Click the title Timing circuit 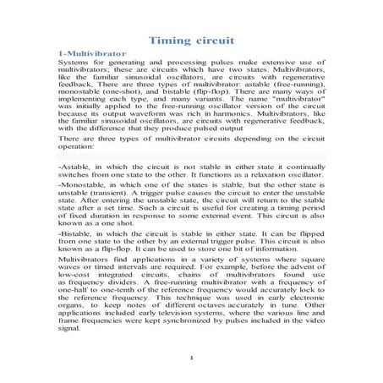tap(191, 40)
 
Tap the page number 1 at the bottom tap(192, 358)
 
